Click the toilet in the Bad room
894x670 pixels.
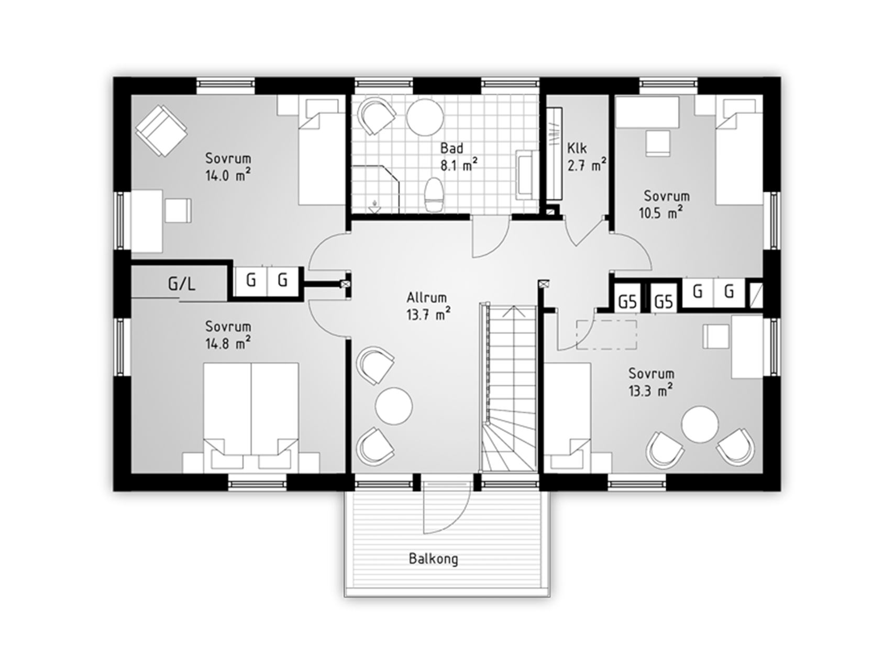tap(433, 195)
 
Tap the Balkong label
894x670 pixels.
tap(433, 559)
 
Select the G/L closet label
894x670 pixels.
tap(182, 284)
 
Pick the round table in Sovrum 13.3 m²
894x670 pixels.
tap(700, 425)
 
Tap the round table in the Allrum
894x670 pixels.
tap(394, 406)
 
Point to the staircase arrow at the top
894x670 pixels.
tap(513, 312)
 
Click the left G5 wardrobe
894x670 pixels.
tap(627, 301)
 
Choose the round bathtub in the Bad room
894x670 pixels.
tap(425, 117)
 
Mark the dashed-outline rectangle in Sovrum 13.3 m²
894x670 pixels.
tap(606, 335)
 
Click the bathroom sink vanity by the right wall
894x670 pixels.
tap(525, 175)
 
